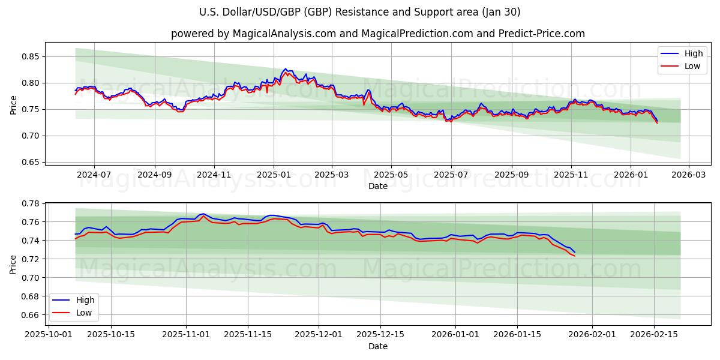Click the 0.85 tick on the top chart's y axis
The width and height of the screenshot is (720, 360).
30,56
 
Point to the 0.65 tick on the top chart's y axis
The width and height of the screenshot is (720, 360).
30,162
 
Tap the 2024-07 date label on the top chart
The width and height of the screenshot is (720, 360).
94,174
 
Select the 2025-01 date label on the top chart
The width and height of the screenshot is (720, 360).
274,174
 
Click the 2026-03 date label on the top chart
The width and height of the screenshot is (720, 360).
689,174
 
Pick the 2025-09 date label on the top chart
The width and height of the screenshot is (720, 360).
512,174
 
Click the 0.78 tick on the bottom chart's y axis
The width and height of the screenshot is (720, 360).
30,203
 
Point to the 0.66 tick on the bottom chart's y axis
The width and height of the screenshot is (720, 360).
30,315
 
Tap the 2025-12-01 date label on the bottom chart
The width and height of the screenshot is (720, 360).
319,334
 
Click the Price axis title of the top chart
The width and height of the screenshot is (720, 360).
13,105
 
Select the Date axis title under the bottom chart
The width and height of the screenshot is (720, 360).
378,346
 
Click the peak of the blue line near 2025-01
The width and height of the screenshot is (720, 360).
286,69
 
